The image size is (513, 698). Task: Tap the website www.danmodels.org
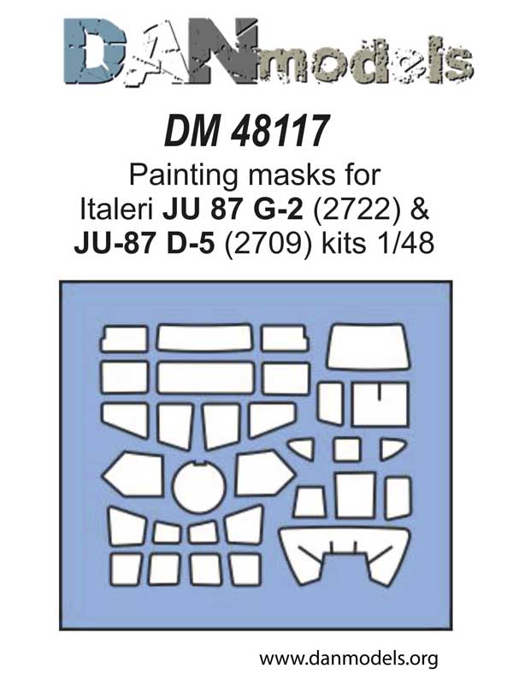[348, 659]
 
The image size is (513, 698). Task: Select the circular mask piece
[199, 488]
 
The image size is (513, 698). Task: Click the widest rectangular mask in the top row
[205, 338]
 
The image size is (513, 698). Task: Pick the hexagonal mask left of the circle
[133, 475]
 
